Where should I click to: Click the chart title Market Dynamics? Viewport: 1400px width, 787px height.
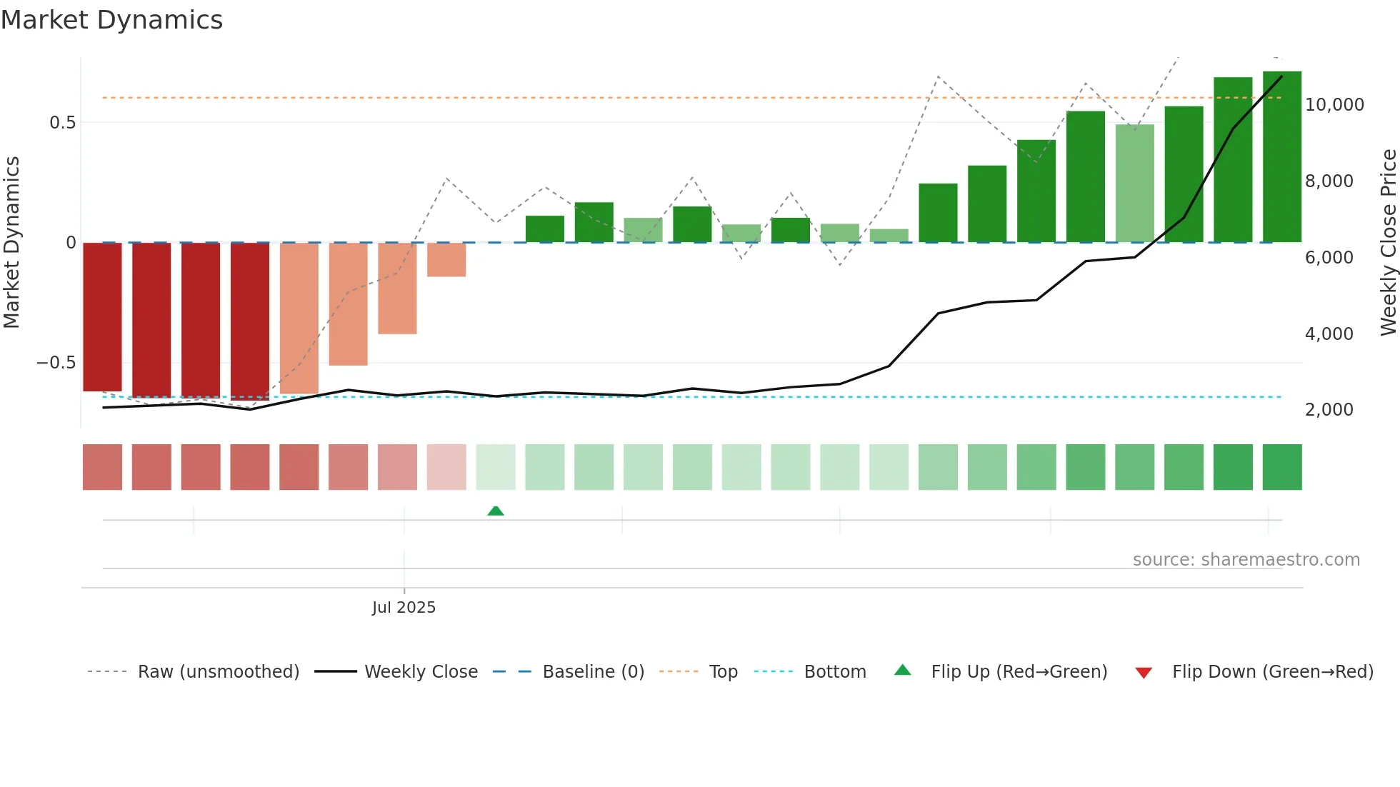(x=111, y=20)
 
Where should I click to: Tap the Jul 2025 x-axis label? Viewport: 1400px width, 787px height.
(x=404, y=607)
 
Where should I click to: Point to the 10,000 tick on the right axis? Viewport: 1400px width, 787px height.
(x=1334, y=105)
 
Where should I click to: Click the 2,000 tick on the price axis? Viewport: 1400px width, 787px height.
(x=1329, y=410)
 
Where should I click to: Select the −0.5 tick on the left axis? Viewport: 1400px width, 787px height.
(x=56, y=363)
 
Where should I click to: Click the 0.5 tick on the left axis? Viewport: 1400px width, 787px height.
(x=62, y=123)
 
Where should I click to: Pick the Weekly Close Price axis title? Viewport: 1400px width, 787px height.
(x=1388, y=242)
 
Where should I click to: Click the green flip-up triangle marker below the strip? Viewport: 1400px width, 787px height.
(x=496, y=511)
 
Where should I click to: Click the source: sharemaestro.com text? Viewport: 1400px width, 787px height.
(x=1246, y=560)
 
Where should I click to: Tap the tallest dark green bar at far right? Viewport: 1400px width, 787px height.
(x=1281, y=157)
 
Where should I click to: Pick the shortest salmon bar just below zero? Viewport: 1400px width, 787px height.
(x=446, y=259)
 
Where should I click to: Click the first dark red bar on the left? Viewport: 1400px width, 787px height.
(x=102, y=316)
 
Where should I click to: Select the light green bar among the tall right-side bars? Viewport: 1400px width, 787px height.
(x=1134, y=184)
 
